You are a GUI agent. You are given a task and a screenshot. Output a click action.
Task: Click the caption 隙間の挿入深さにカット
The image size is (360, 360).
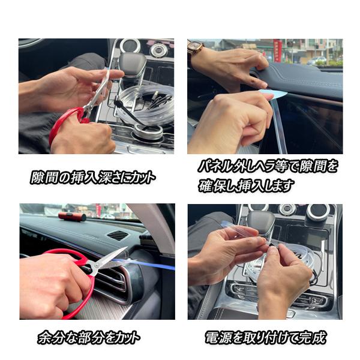93,177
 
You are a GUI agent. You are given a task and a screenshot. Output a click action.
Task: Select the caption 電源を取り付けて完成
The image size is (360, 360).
265,337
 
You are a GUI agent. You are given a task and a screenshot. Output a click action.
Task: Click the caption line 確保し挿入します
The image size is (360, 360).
247,186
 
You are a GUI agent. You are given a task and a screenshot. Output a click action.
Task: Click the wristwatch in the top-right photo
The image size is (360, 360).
196,50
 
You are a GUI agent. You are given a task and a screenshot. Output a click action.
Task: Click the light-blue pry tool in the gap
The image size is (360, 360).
274,94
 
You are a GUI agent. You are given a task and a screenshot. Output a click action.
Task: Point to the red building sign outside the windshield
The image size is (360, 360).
277,50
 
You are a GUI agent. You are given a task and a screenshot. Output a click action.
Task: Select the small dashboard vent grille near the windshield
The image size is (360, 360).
118,235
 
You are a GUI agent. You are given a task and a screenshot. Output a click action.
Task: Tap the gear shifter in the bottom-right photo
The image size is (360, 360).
261,224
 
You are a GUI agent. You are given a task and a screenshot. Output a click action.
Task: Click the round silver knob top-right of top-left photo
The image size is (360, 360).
158,50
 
